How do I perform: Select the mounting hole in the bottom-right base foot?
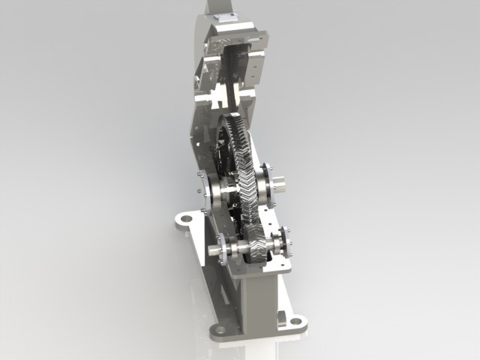click(295, 322)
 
